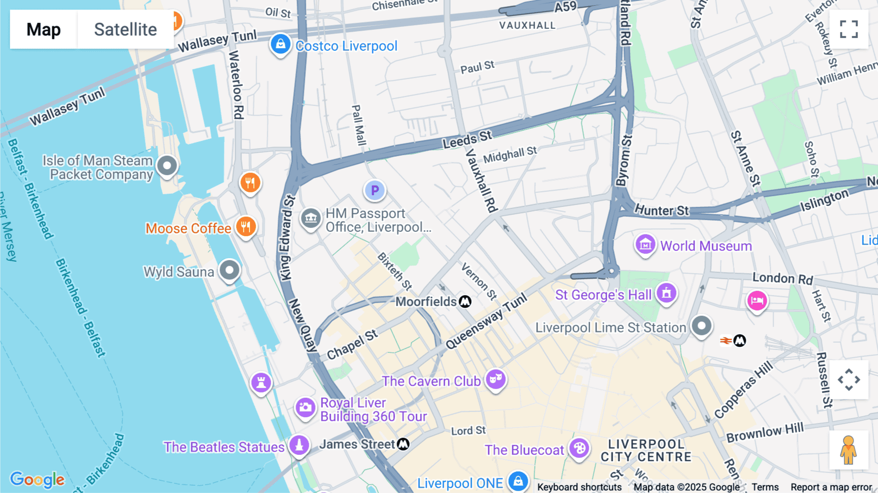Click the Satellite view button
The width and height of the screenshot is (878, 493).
125,29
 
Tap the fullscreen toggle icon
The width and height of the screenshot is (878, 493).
849,29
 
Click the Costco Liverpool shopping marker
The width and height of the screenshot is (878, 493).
280,44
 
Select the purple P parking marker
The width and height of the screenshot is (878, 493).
375,190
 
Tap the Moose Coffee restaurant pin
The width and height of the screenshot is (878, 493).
246,227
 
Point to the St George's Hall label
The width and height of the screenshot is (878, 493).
603,295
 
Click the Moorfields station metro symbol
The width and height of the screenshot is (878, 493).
465,302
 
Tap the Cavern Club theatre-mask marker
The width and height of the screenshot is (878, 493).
496,379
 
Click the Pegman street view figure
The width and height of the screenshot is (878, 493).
849,450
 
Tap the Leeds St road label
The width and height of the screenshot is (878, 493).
467,139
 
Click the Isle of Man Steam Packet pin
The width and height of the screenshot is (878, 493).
167,166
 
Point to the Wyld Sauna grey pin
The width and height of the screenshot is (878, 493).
229,269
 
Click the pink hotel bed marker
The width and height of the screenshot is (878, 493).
757,301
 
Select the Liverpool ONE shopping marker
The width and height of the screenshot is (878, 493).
518,481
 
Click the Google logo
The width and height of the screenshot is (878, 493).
38,479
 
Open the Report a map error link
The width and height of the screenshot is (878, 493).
831,487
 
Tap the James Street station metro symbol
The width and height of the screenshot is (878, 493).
403,444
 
